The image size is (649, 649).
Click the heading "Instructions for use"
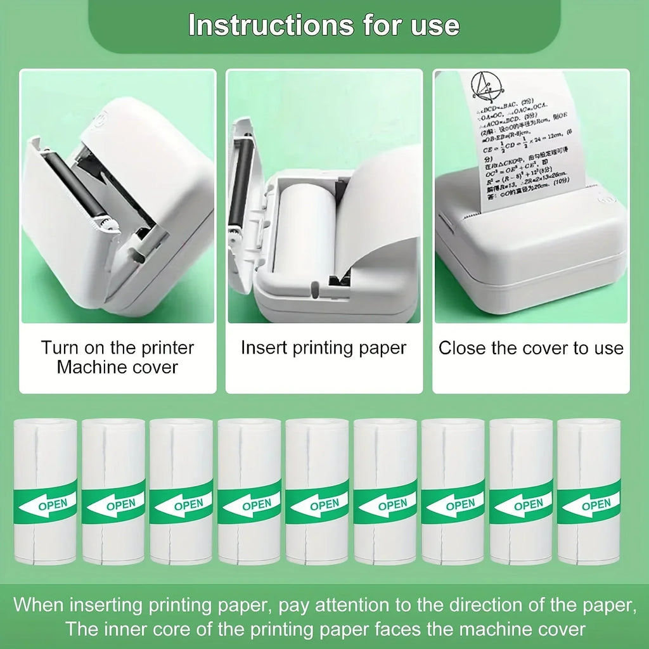[324, 25]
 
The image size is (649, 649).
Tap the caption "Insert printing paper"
[323, 348]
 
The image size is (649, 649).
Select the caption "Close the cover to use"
[531, 348]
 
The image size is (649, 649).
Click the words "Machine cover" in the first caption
[117, 367]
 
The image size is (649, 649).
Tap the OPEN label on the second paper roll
[121, 504]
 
